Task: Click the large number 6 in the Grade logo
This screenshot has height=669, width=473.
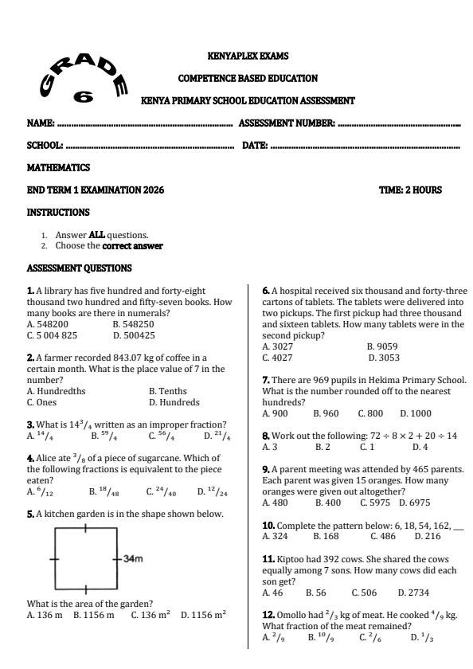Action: [82, 97]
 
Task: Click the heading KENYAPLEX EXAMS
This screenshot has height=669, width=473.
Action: [248, 57]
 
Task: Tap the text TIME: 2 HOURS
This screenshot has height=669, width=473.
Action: [410, 190]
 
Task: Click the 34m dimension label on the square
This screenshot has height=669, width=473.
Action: [133, 558]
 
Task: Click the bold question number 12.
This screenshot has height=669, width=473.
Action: [268, 615]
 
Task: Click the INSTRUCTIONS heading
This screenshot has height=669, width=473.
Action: [58, 213]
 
